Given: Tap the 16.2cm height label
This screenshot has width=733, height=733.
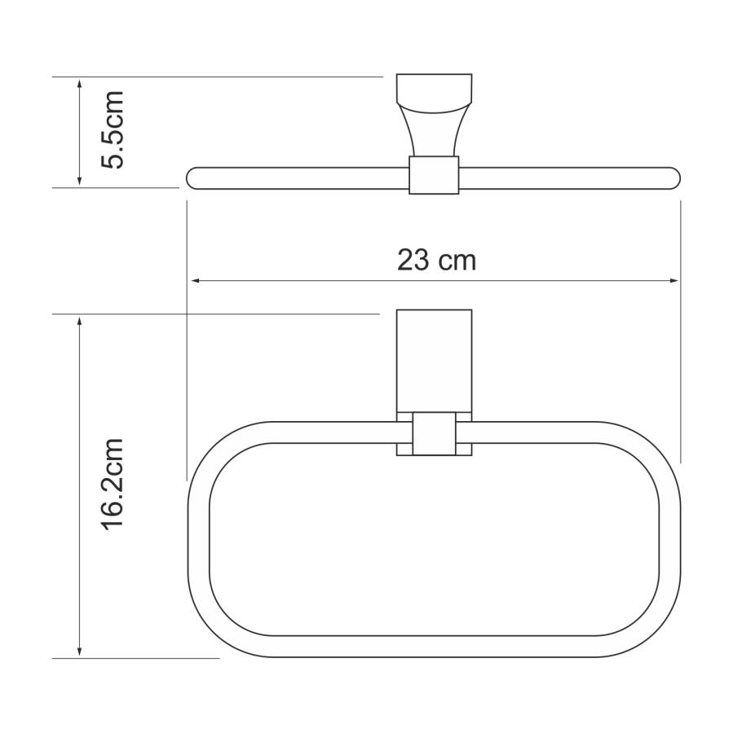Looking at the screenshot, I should (x=111, y=485).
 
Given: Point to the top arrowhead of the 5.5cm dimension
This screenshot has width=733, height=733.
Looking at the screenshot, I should (x=79, y=83).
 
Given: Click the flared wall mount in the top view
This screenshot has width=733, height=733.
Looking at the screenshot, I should (x=434, y=114).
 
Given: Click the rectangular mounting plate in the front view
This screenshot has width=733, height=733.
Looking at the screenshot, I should (x=434, y=358).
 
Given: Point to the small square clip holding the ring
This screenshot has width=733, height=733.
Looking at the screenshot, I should (x=434, y=433).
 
